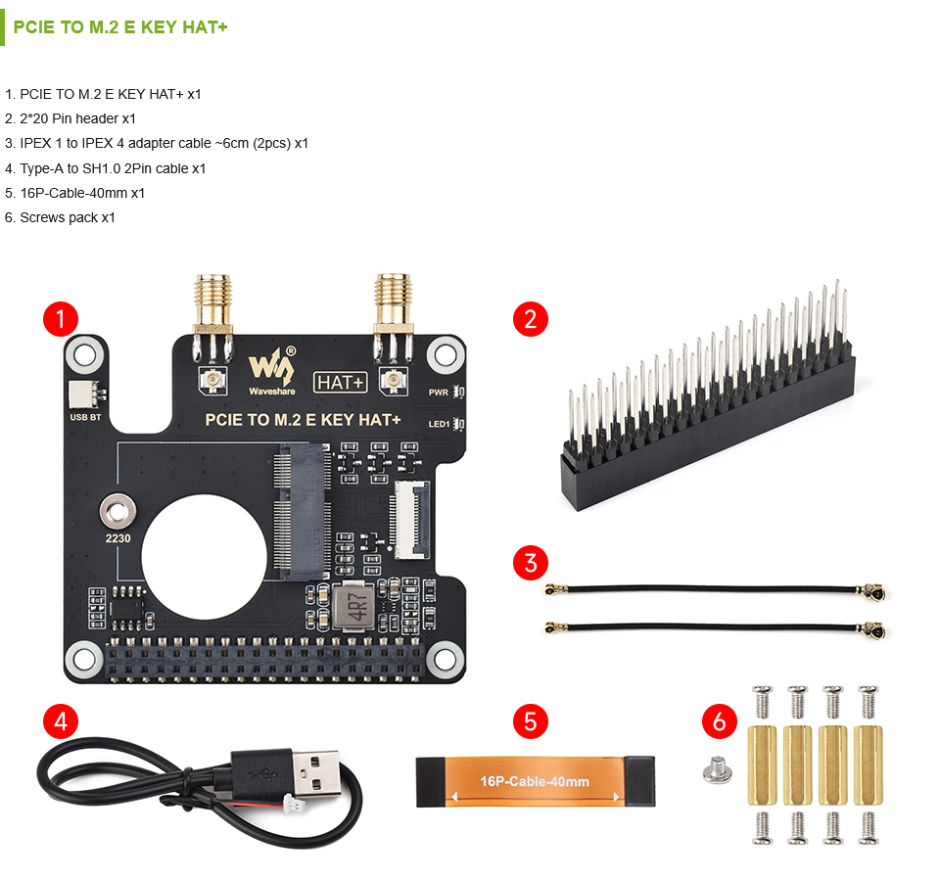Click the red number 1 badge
point(61,318)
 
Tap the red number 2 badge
point(531,318)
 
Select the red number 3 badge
point(531,563)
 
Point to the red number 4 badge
point(61,721)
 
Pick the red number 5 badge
point(531,721)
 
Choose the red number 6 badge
point(720,721)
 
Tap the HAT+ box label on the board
point(340,383)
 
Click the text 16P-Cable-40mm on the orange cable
point(535,781)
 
